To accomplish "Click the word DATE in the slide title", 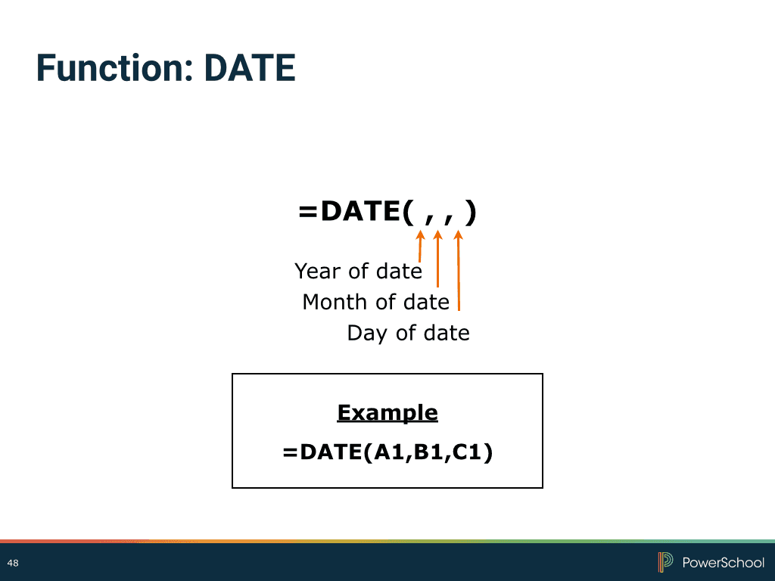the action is point(250,67).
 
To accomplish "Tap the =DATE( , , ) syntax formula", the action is point(387,213).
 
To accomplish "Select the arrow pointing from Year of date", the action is point(420,246).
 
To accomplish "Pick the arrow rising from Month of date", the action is point(437,259).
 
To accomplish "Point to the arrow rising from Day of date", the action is point(459,270).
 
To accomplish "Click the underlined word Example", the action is point(387,412).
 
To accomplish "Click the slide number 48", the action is point(13,563).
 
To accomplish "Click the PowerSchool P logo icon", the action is point(665,562).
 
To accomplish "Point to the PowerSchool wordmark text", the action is point(723,563).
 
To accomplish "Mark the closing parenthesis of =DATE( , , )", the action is point(471,213).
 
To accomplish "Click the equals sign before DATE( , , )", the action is point(307,212).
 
